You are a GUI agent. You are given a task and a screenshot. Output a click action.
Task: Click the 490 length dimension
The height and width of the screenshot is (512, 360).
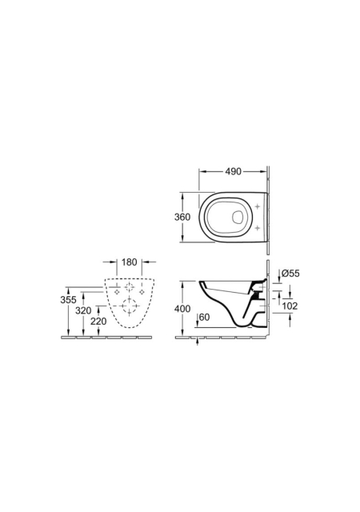[x=234, y=171]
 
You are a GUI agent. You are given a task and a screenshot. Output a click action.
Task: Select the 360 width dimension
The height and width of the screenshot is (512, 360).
[x=182, y=217]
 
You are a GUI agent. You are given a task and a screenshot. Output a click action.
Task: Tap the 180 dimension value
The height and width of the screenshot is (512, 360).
[x=130, y=262]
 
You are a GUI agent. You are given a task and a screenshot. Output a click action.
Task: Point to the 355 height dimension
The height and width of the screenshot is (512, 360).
[x=68, y=300]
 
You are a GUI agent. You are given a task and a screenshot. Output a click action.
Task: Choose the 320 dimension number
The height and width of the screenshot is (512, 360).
[x=83, y=310]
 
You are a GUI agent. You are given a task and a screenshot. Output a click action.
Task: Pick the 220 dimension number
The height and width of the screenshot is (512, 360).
[x=98, y=322]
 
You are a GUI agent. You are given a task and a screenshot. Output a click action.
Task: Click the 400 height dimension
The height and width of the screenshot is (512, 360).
[x=182, y=309]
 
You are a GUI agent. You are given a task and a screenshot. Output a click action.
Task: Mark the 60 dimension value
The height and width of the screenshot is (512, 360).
[x=204, y=317]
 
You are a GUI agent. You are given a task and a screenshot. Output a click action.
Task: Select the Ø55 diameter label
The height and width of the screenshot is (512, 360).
[x=290, y=274]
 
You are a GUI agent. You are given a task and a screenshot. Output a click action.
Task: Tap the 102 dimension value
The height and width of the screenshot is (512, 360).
[x=290, y=306]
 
